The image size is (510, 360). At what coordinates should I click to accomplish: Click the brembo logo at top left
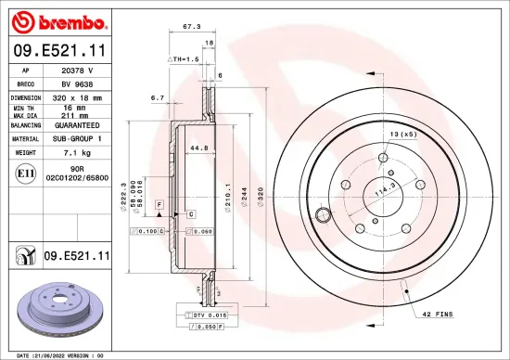point(58,19)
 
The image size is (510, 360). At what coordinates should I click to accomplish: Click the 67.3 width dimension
point(192,27)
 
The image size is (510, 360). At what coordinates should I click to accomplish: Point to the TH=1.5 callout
point(184,58)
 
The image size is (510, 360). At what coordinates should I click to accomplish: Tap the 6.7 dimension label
point(157,96)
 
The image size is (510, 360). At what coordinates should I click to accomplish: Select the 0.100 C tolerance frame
point(149,229)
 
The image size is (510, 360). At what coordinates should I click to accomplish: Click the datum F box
point(159,202)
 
